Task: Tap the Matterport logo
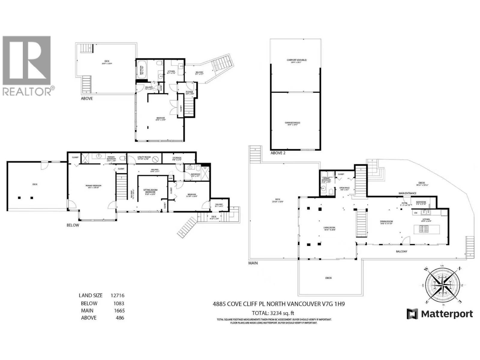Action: point(440,314)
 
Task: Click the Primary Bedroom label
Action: point(93,187)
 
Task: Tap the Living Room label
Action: point(329,229)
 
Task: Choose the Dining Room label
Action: point(386,222)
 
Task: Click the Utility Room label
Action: point(144,158)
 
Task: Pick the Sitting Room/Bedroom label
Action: point(151,191)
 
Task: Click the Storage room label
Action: point(177,159)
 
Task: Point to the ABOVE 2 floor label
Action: point(278,153)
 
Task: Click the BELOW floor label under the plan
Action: point(73,225)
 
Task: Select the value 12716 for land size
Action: point(117,295)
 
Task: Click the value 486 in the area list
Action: point(120,318)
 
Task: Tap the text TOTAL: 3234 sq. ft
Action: point(273,312)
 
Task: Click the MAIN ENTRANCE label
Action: point(407,193)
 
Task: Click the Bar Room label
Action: point(421,203)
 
